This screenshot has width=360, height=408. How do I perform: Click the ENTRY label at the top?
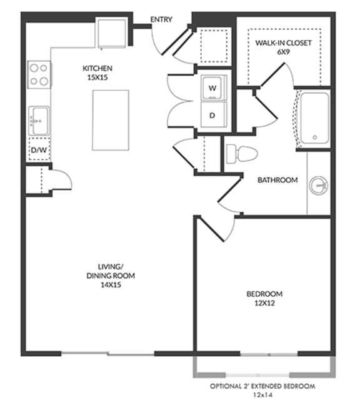coord(161,20)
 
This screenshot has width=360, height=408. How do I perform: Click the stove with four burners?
coord(39,74)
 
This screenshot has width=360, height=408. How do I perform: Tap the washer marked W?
coord(212,88)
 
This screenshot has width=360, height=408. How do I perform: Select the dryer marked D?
coord(212,115)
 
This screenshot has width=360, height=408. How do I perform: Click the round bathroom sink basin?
coord(320,184)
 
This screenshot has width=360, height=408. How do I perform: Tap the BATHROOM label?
coord(278,181)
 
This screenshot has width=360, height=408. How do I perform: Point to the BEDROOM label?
coord(264,294)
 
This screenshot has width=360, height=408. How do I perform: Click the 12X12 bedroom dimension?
coord(264,303)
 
